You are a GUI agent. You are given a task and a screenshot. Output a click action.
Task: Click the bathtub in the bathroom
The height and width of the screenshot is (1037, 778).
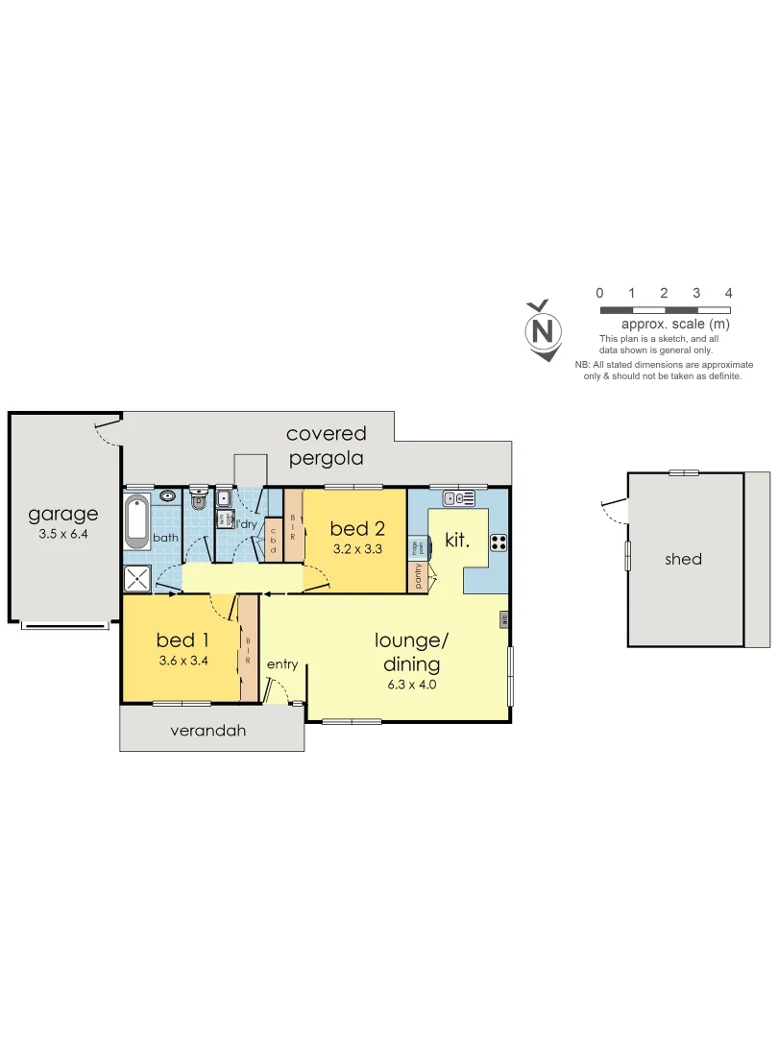(x=137, y=522)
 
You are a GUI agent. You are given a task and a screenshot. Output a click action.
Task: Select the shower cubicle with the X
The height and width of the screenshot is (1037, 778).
(x=137, y=577)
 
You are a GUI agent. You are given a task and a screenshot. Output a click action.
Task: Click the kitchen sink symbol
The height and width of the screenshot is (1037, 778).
(x=459, y=497)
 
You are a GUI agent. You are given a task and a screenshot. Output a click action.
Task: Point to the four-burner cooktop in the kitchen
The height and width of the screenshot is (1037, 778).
(x=499, y=541)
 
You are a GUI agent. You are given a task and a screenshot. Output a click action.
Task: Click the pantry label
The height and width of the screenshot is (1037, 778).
(x=419, y=575)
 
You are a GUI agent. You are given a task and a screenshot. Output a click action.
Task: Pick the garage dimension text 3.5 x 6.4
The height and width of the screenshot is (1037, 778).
(x=63, y=535)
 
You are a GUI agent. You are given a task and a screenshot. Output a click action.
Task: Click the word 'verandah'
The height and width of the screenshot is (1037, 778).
(x=208, y=731)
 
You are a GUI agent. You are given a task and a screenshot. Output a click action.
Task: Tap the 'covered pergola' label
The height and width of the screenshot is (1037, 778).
(x=327, y=446)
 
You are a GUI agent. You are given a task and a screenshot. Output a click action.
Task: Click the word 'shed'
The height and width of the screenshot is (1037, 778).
(x=683, y=559)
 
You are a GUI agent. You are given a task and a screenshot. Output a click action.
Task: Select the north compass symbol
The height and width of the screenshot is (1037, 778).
(x=543, y=331)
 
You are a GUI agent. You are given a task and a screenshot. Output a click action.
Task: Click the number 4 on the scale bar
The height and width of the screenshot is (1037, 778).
(x=729, y=293)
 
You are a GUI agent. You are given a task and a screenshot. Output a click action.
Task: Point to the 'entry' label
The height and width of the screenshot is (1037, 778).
(x=282, y=664)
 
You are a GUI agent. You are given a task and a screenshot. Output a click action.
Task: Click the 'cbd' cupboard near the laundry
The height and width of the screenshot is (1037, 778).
(x=273, y=539)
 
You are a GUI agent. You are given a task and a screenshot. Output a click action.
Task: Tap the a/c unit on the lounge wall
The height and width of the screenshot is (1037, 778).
(x=504, y=620)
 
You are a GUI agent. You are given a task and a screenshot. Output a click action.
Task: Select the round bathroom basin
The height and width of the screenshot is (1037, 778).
(x=167, y=496)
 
